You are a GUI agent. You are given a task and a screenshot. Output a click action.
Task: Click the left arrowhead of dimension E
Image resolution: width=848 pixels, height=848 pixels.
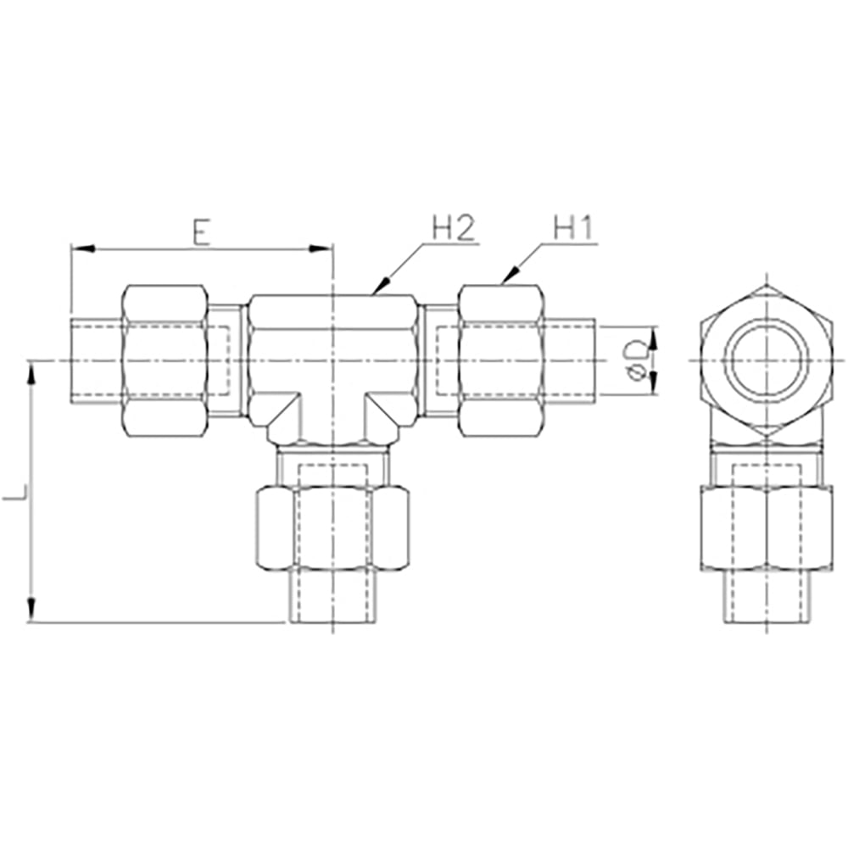pos(83,248)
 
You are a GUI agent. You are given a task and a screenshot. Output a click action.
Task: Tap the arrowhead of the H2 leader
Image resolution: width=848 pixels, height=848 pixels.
pos(381,286)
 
